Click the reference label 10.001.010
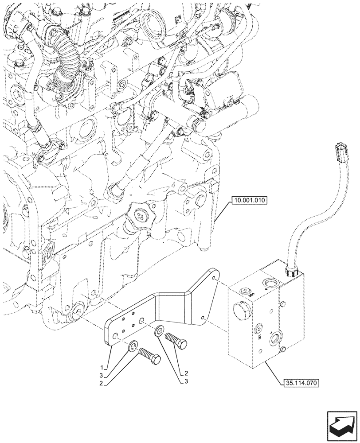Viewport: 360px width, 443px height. [248, 201]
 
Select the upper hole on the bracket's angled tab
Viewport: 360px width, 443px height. [214, 278]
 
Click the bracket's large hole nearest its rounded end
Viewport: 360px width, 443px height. [114, 338]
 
